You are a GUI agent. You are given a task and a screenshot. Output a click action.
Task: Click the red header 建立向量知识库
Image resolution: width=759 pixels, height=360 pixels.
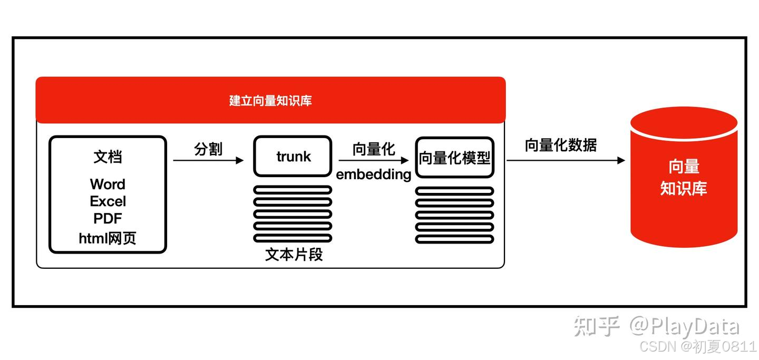(270, 100)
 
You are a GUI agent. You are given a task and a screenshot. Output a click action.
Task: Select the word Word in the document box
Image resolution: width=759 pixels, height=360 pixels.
(108, 184)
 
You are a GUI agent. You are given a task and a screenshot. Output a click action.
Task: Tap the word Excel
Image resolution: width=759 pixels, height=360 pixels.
(108, 201)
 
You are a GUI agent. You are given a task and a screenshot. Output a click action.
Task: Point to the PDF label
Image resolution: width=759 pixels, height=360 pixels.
(108, 218)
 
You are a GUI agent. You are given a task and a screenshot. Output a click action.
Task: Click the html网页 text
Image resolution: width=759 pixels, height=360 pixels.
(108, 238)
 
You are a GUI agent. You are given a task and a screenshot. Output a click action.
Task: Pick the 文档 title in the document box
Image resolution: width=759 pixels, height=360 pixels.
(108, 157)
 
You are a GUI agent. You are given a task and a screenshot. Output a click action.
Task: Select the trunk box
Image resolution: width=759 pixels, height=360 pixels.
(293, 157)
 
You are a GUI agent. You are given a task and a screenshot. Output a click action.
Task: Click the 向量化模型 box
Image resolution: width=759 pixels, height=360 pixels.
(455, 158)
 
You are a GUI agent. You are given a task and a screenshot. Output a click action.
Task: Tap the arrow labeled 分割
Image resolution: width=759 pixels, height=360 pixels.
(208, 160)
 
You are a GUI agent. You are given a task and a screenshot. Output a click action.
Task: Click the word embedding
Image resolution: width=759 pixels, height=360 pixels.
(374, 174)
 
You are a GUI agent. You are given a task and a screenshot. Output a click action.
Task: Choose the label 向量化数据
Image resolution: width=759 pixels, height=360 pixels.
(560, 145)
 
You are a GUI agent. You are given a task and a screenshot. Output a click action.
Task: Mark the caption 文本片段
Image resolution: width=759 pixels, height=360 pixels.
(294, 255)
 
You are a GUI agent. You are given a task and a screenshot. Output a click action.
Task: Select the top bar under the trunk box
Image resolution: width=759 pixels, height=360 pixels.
(293, 190)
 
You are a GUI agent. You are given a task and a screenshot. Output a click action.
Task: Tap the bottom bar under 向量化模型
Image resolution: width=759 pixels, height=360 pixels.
(454, 239)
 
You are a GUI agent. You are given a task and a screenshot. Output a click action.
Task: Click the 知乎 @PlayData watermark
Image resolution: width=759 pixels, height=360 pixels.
(656, 326)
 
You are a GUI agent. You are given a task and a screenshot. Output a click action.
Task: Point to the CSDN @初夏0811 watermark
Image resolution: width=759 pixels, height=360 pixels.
(697, 347)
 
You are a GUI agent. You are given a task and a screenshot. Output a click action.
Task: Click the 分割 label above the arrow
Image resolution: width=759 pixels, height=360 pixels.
(208, 149)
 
